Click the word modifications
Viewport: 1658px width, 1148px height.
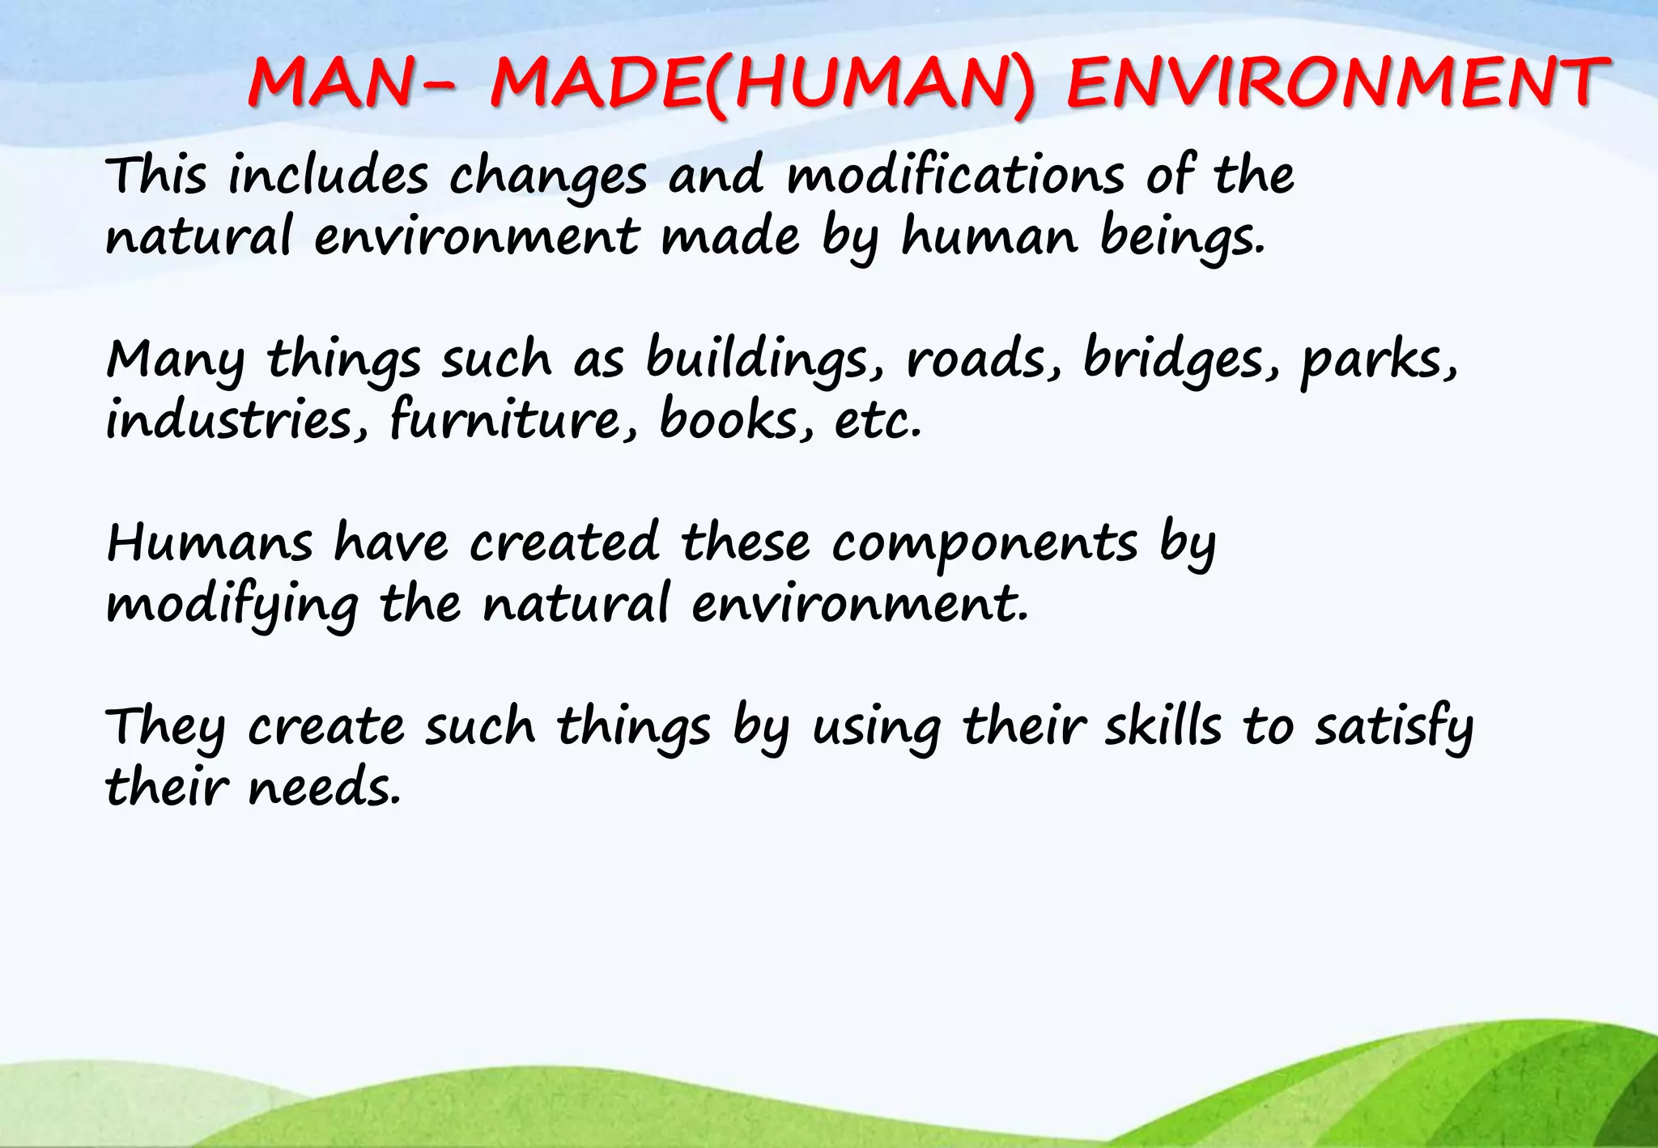[x=955, y=176]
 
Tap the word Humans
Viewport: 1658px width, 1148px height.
[x=209, y=543]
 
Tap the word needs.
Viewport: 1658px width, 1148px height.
[x=324, y=789]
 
